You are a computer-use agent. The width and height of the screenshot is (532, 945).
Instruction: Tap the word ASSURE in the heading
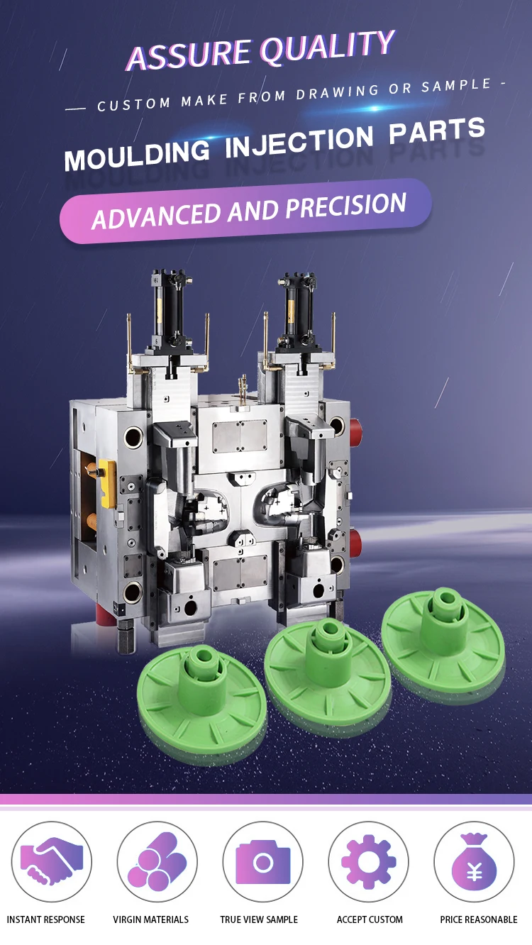pos(189,55)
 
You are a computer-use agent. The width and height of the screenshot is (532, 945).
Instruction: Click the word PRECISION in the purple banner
pos(346,206)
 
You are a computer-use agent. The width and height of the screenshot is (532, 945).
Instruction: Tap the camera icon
pos(263,862)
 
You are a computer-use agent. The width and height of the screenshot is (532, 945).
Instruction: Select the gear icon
pos(368,862)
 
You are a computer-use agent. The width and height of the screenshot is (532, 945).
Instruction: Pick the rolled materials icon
pos(157,861)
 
